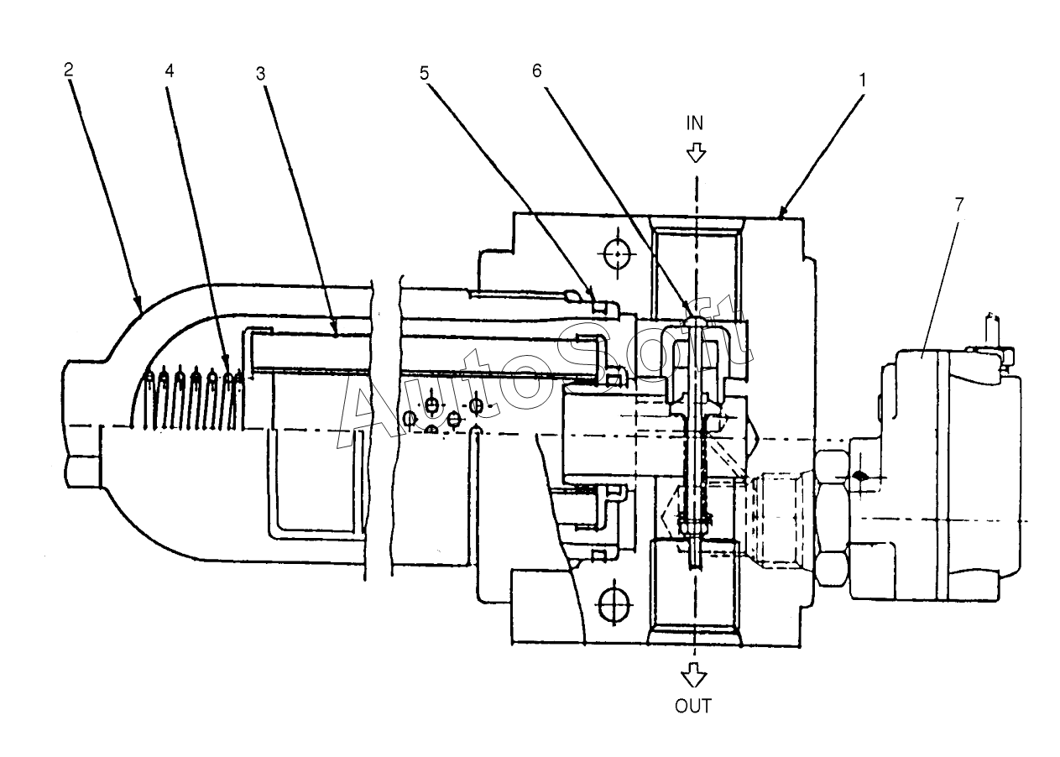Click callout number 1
tap(863, 81)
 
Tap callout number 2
tap(69, 70)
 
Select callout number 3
tap(261, 74)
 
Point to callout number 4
tap(170, 71)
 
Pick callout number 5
tap(424, 73)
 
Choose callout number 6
tap(536, 71)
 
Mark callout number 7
tap(958, 205)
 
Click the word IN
tap(695, 123)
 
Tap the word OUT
tap(693, 706)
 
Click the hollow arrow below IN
tap(696, 154)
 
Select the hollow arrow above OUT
tap(694, 675)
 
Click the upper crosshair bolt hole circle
tap(618, 254)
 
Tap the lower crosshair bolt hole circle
tap(614, 604)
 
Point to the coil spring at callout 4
tap(194, 399)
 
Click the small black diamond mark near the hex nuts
tap(859, 477)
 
